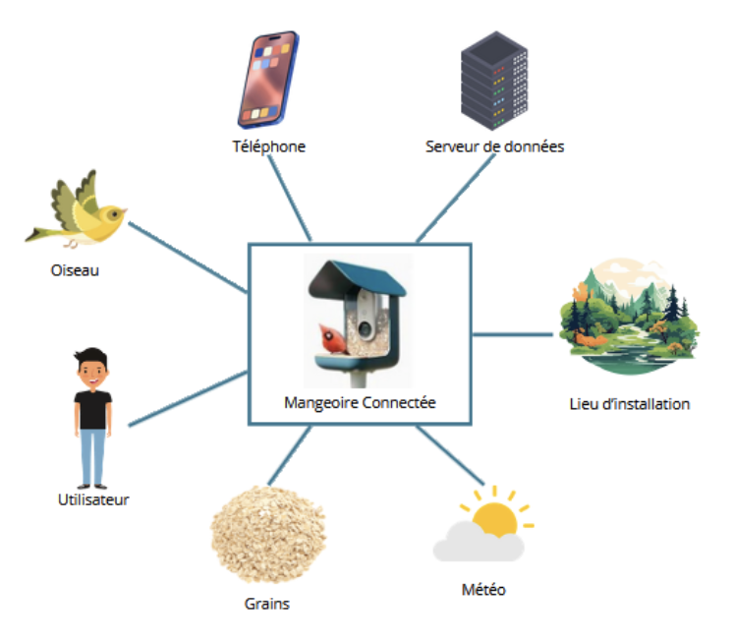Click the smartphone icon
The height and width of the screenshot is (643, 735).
click(266, 79)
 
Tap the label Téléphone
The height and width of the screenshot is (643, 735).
click(268, 146)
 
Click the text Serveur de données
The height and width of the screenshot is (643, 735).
click(494, 146)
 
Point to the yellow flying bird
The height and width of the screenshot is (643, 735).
click(79, 211)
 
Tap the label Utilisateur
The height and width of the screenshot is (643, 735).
click(93, 499)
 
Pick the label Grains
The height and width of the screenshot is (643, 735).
click(267, 604)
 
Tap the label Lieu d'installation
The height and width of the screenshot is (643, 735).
click(630, 403)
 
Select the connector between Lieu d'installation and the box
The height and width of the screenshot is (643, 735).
click(513, 333)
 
